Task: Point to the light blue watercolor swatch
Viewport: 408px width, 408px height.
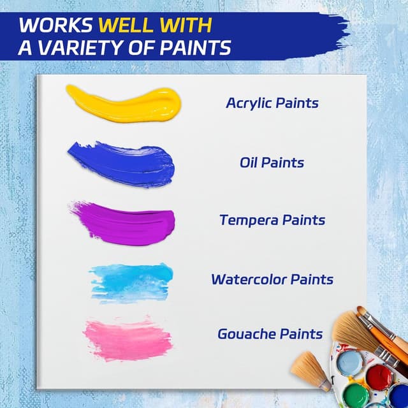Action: tap(131, 281)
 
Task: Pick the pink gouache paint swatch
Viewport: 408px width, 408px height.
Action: tap(128, 338)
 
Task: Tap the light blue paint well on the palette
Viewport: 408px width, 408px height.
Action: tap(349, 363)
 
